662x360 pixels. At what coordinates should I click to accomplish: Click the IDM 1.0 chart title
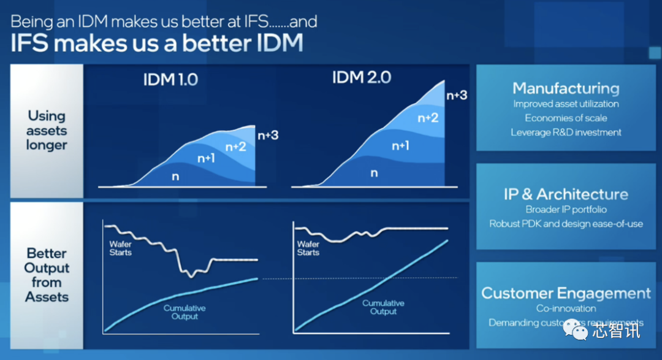point(170,79)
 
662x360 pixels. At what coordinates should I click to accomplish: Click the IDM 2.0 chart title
point(362,77)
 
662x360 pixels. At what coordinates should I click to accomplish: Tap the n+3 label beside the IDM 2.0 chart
point(457,95)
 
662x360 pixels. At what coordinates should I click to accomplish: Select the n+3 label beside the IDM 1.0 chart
point(268,135)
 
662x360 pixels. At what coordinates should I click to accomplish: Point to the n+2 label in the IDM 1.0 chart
point(236,147)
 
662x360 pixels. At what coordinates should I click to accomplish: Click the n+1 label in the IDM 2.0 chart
point(400,145)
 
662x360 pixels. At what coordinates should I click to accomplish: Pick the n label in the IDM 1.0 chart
point(175,176)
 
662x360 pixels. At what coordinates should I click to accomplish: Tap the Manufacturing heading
point(566,88)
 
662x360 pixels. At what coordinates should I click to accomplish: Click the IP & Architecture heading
point(566,194)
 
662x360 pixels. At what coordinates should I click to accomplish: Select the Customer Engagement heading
point(566,293)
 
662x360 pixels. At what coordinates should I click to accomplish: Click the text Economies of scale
point(566,118)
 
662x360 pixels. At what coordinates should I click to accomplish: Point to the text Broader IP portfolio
point(566,210)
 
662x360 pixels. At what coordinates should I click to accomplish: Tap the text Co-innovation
point(566,308)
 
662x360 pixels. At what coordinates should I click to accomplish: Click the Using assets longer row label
point(47,130)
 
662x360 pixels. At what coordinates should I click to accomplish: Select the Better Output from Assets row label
point(47,275)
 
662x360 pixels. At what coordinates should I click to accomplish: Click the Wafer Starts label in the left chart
point(121,248)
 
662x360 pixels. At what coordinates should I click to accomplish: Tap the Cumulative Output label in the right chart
point(383,307)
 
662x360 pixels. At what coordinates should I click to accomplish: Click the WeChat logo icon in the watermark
point(577,329)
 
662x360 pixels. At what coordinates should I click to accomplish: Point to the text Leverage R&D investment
point(566,132)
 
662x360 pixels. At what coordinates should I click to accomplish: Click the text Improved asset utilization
point(566,104)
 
